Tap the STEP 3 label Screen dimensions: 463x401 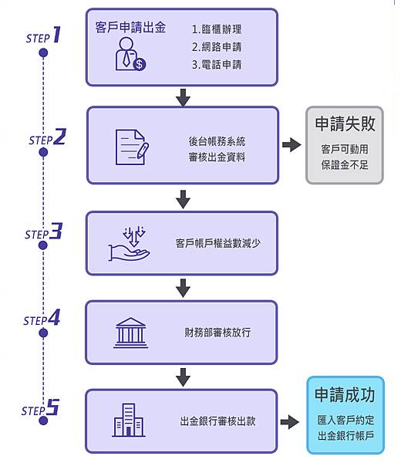click(43, 231)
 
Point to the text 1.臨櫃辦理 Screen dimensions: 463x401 click(217, 29)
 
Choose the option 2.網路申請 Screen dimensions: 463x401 click(217, 47)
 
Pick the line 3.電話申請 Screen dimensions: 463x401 click(217, 65)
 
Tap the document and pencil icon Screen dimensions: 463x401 click(132, 145)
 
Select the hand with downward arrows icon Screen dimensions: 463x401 click(131, 242)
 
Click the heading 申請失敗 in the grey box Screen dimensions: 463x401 click(345, 124)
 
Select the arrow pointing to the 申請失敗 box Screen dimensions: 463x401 click(291, 145)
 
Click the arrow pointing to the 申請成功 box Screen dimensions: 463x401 click(290, 421)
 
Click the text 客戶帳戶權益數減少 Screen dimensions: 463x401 click(218, 244)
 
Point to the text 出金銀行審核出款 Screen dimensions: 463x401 click(218, 421)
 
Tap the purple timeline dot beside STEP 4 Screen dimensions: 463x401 click(43, 333)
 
